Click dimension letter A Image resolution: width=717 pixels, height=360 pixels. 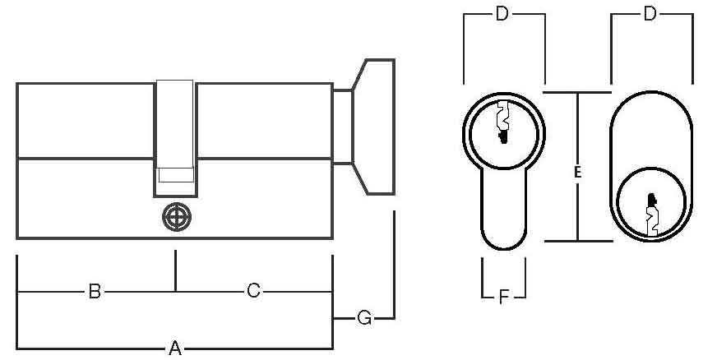coord(175,348)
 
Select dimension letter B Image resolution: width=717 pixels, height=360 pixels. coord(95,291)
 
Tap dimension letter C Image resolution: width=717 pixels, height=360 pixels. coord(253,291)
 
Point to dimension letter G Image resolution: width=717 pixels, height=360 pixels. coord(364,318)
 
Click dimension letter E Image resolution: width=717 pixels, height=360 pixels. coord(577,173)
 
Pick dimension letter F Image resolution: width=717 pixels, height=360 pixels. coord(503,298)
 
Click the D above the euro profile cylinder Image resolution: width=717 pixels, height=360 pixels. coord(502,14)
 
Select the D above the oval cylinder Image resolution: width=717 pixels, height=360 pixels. coord(650,14)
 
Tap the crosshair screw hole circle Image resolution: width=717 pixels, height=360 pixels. coord(177,217)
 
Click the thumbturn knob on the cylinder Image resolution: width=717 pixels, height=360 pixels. coord(373,127)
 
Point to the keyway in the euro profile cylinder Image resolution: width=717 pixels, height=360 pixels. coord(503,122)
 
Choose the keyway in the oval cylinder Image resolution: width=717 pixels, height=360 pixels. coord(652,215)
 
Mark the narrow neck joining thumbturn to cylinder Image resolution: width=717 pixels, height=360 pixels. coord(343,127)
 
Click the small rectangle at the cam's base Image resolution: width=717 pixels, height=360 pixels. coord(176,175)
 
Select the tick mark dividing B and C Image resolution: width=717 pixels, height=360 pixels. coord(175,270)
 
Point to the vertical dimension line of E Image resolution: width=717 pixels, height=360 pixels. coord(577,167)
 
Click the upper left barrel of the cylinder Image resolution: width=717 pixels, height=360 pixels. coord(85,121)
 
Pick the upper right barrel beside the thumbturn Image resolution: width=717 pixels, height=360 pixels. coord(265,121)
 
